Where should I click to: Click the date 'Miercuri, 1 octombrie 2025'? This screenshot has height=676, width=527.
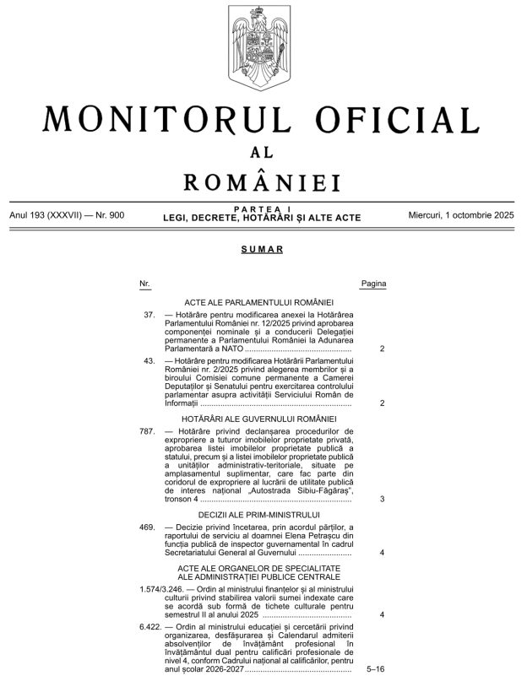pyautogui.click(x=461, y=215)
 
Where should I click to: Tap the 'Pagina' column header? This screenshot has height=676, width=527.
pyautogui.click(x=373, y=284)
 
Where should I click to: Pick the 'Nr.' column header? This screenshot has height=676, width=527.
pyautogui.click(x=145, y=284)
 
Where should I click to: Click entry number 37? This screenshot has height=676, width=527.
pyautogui.click(x=149, y=315)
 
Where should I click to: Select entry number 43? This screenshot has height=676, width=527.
pyautogui.click(x=149, y=360)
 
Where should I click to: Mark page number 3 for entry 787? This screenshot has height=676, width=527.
pyautogui.click(x=383, y=499)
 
